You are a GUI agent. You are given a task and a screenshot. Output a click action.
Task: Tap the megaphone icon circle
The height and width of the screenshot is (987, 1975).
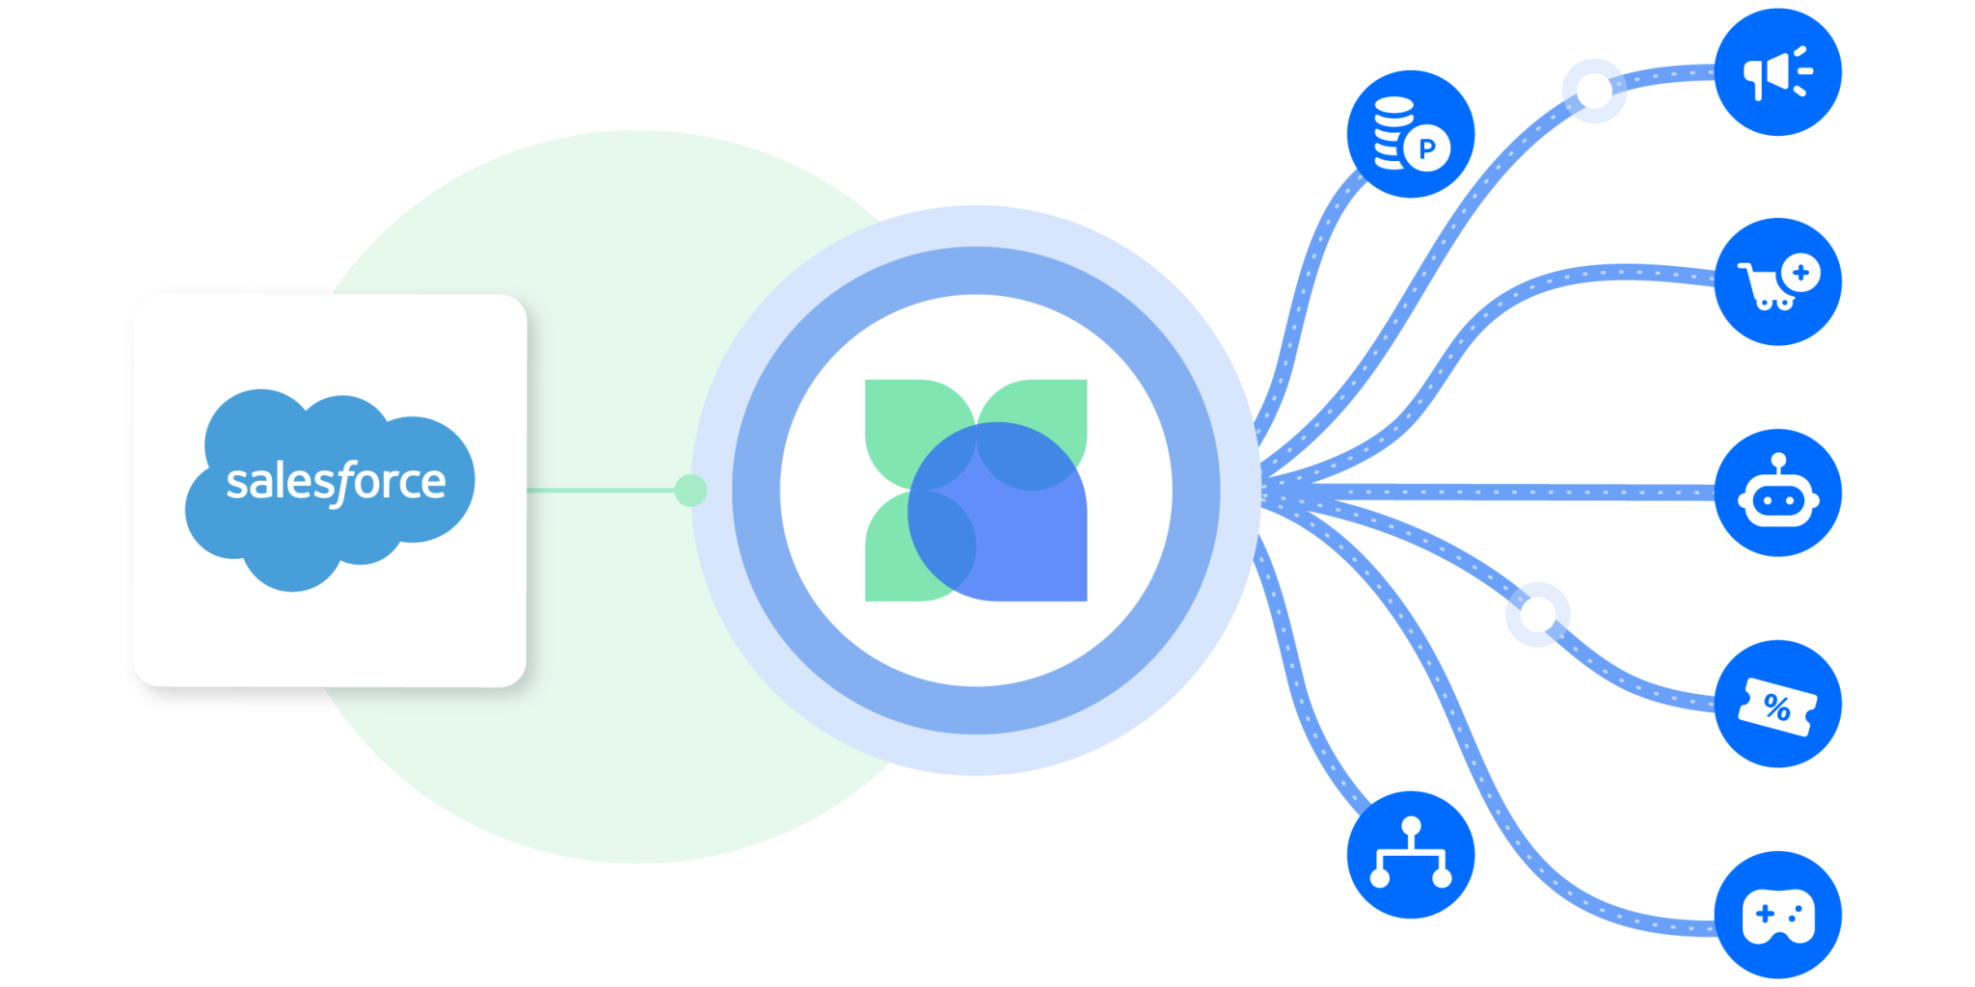click(x=1777, y=72)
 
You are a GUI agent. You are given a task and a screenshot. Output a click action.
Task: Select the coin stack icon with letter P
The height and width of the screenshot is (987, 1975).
click(x=1411, y=134)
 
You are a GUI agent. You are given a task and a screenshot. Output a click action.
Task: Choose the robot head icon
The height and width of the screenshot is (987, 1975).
click(x=1777, y=493)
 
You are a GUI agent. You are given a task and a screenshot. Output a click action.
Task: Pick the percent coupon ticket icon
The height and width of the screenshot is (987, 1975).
click(x=1777, y=704)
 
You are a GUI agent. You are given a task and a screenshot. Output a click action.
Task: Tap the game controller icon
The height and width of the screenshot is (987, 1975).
click(x=1777, y=915)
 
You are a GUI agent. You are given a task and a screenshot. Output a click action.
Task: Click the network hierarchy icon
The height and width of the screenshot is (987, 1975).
click(x=1411, y=855)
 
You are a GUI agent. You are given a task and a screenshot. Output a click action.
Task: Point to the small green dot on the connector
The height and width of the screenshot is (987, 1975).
click(x=690, y=491)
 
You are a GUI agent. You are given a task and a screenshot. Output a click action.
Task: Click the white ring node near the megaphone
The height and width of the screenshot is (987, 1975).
click(x=1594, y=91)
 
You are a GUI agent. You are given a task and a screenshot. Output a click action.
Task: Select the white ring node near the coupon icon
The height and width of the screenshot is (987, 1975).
click(x=1537, y=614)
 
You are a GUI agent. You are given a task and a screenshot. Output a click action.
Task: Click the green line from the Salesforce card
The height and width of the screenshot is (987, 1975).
click(x=601, y=491)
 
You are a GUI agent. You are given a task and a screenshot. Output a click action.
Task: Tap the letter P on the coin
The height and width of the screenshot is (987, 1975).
click(x=1427, y=148)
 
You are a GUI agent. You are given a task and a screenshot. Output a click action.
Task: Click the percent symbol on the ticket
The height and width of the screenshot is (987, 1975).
click(x=1777, y=708)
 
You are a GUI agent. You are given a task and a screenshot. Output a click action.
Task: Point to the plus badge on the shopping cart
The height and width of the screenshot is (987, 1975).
click(x=1800, y=273)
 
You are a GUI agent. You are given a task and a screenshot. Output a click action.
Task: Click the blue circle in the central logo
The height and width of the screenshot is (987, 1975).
click(x=997, y=512)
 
